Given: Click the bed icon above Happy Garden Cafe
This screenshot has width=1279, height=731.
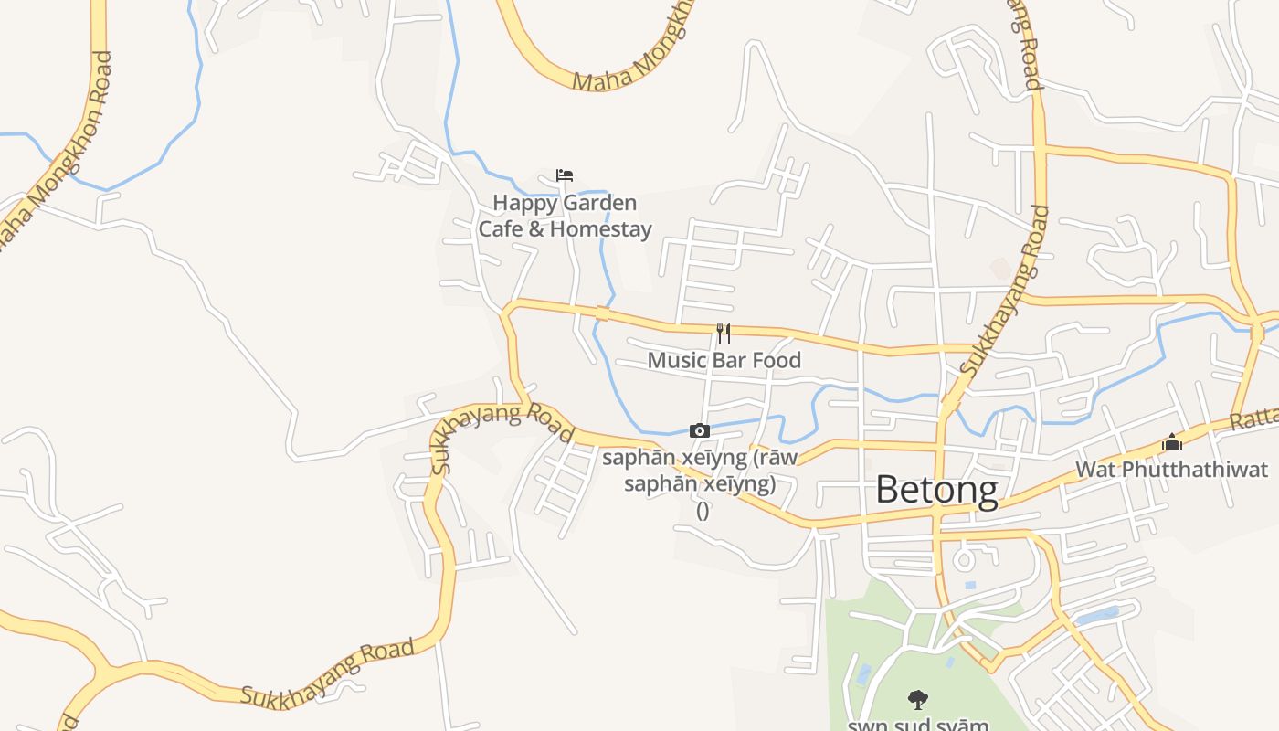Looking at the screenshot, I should (x=565, y=175).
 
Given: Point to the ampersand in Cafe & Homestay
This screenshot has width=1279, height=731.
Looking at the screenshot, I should (x=536, y=228).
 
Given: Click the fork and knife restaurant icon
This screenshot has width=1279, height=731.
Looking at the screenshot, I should (x=723, y=333).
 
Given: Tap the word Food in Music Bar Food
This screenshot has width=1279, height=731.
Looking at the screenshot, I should (x=777, y=360).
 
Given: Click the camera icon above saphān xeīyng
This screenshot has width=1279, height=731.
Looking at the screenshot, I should (x=699, y=430).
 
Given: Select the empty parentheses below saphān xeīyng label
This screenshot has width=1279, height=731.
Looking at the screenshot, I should (x=703, y=511).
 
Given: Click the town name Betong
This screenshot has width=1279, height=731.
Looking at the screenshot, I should (x=936, y=490).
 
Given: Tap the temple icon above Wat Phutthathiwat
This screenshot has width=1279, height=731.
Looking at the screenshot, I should (x=1171, y=443).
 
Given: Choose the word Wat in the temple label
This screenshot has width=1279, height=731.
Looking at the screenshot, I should (x=1094, y=470).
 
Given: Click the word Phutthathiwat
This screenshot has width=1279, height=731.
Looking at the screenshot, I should (x=1193, y=470).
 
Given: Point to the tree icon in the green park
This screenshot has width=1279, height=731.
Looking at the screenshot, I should (x=918, y=700).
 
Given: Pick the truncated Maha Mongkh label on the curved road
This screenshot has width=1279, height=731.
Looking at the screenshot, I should (x=630, y=60).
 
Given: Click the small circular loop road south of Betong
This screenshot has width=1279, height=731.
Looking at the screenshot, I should (x=966, y=556).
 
